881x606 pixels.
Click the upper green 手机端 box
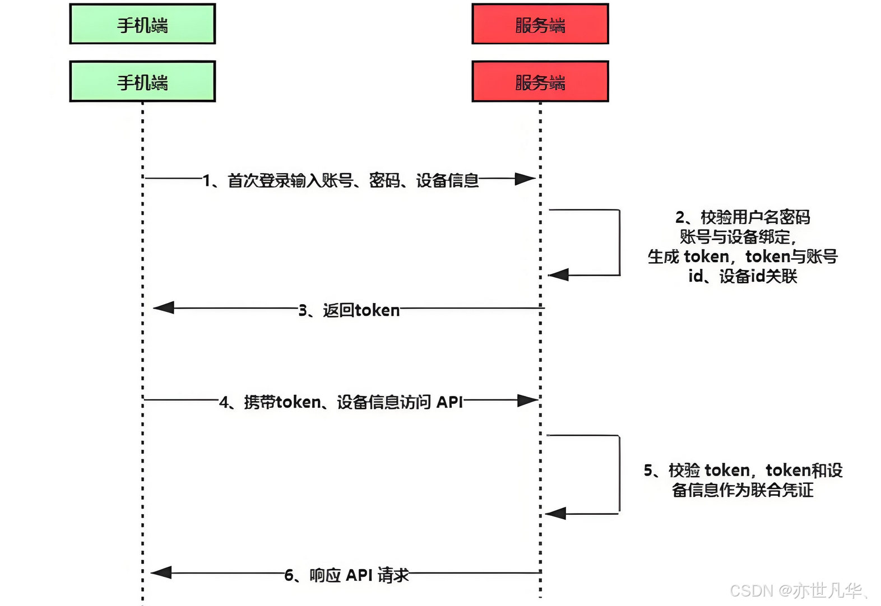[142, 24]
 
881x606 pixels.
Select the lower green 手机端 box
[142, 82]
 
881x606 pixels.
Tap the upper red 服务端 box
[540, 24]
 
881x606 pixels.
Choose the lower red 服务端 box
[540, 82]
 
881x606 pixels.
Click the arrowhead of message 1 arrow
[526, 179]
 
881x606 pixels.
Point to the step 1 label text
[341, 180]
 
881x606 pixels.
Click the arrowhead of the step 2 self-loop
[558, 274]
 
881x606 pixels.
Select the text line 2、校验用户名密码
[743, 217]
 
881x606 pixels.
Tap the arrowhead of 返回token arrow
[164, 307]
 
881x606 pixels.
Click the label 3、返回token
[349, 310]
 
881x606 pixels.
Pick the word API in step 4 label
[449, 402]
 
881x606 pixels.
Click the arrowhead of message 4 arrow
[527, 400]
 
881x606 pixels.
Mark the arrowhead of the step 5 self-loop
[555, 513]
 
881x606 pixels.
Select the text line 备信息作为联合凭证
[743, 490]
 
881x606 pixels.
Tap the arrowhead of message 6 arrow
[161, 572]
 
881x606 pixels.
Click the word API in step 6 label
[359, 575]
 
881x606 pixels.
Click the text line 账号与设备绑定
[737, 237]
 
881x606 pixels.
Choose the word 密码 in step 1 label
[384, 180]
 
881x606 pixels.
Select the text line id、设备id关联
[743, 276]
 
